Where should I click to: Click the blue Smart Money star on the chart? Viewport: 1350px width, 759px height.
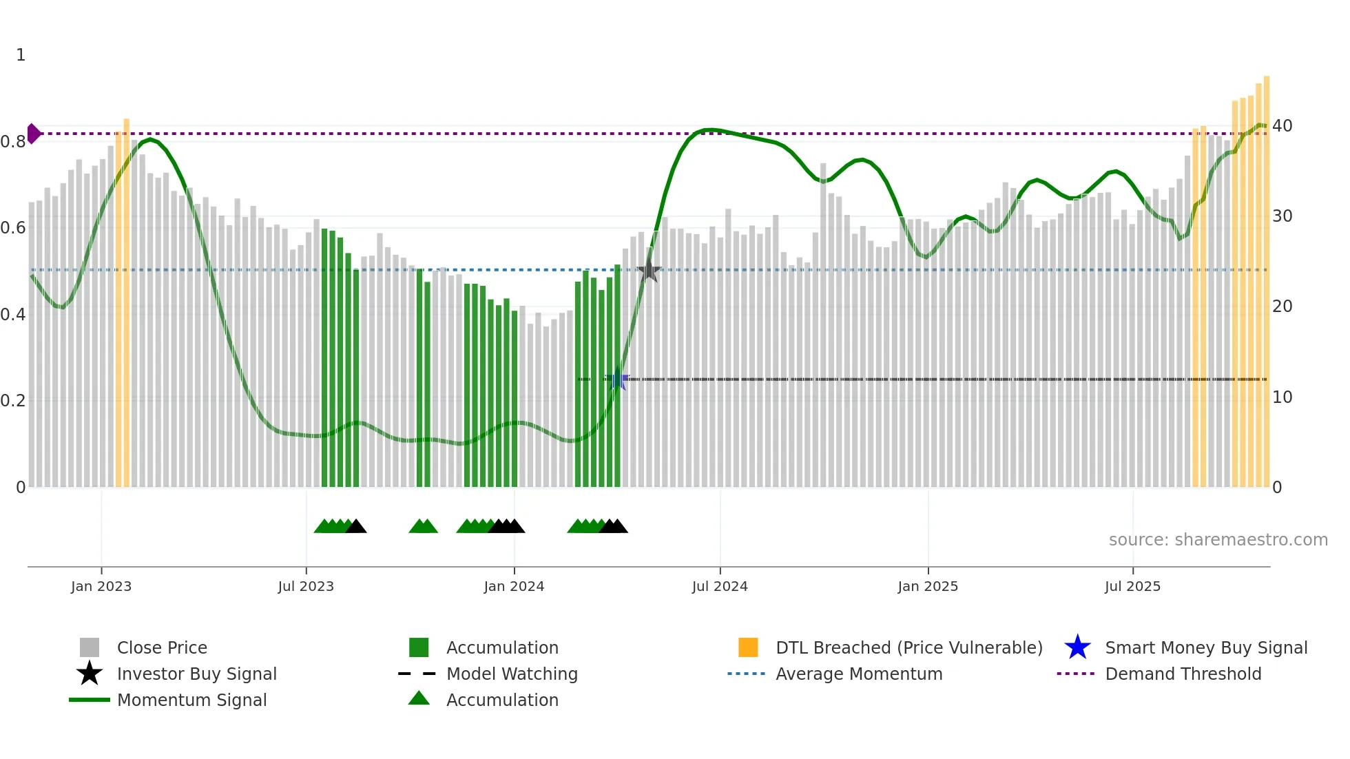(x=617, y=379)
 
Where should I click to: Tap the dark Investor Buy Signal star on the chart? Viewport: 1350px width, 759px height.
(x=648, y=271)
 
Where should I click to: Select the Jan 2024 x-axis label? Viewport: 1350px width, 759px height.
(x=514, y=586)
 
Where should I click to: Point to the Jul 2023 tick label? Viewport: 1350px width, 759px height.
(x=306, y=586)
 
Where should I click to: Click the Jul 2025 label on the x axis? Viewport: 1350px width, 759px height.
(x=1132, y=586)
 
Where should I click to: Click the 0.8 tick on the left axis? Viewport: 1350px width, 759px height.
(x=13, y=142)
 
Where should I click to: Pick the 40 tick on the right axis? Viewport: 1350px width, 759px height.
(x=1282, y=126)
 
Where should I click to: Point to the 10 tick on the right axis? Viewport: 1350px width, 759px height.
(x=1282, y=397)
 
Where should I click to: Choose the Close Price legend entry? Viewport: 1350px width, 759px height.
(x=162, y=647)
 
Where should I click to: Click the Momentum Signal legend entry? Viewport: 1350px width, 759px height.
(x=191, y=700)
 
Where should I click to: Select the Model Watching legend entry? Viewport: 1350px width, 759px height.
(x=512, y=674)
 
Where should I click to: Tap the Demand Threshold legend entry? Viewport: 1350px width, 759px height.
(x=1183, y=674)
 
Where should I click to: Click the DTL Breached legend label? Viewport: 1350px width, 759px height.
(x=908, y=647)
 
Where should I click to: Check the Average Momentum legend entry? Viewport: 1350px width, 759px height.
(x=858, y=674)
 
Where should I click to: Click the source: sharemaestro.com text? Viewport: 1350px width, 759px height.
(x=1218, y=539)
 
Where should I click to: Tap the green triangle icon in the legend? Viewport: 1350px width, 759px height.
(x=419, y=698)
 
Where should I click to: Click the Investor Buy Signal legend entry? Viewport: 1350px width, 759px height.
(x=196, y=674)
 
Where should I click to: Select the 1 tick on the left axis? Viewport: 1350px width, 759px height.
(x=21, y=55)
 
